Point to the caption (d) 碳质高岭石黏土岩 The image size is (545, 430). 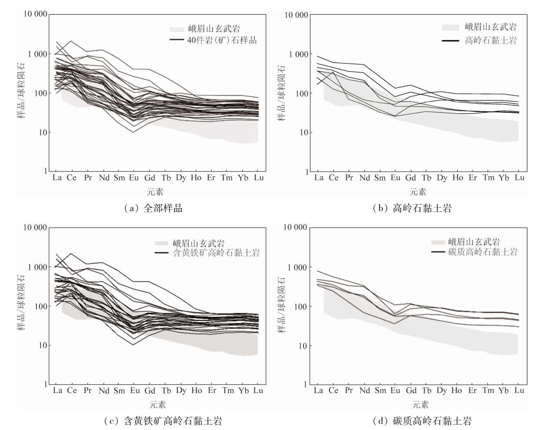(x=422, y=421)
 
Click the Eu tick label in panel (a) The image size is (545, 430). (x=133, y=178)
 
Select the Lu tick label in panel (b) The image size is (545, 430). (x=519, y=178)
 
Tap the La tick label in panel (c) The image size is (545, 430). (x=57, y=391)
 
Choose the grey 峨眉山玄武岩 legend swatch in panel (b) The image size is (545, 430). (x=450, y=27)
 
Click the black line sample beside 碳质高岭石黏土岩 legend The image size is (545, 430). (x=439, y=251)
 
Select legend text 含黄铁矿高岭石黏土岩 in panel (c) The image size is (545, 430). (x=216, y=253)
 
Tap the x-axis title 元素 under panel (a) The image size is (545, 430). (x=156, y=192)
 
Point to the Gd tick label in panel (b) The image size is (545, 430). (x=411, y=178)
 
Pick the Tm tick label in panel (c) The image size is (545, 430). (x=228, y=391)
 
